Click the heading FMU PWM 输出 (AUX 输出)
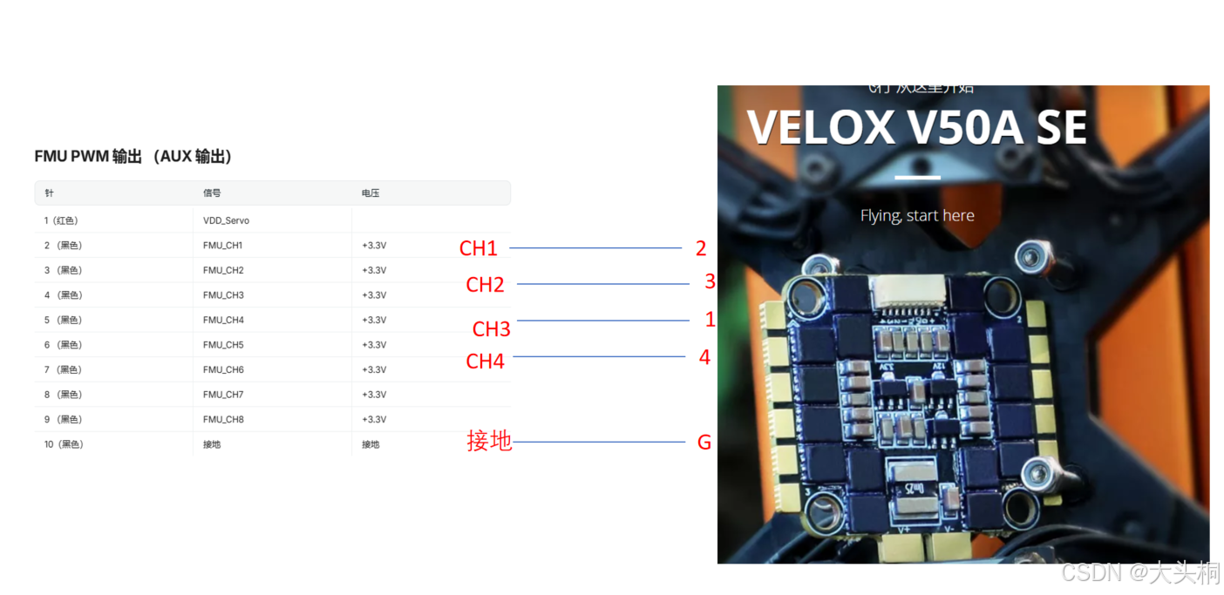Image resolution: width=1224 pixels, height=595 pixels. [133, 157]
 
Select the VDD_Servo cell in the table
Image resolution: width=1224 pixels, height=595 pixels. [226, 221]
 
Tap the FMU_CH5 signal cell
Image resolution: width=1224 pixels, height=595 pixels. [223, 345]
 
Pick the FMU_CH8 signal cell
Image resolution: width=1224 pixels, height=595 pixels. [223, 420]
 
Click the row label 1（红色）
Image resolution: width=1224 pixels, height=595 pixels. [67, 221]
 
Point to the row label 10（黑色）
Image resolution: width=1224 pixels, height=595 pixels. [64, 444]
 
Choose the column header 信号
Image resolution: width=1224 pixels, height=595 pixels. [212, 193]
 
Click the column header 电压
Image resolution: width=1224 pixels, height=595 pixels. [371, 193]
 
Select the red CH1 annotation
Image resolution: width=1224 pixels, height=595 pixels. [478, 249]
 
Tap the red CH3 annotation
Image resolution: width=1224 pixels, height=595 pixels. [491, 329]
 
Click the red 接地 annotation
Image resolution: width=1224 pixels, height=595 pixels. [489, 442]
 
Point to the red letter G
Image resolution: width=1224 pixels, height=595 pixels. [704, 443]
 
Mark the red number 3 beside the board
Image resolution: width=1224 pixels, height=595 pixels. [710, 281]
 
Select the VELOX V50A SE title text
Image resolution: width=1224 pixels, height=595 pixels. [916, 127]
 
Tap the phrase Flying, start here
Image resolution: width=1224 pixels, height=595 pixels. [917, 215]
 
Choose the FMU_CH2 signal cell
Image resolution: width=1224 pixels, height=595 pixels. [223, 271]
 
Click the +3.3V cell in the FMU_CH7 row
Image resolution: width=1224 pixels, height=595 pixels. [374, 395]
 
